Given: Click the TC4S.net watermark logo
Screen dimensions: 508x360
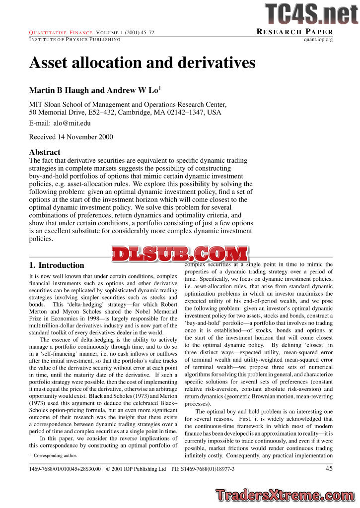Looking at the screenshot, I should point(311,14).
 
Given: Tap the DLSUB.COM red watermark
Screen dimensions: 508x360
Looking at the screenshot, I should point(180,254).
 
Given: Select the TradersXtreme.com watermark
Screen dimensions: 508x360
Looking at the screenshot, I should point(286,495).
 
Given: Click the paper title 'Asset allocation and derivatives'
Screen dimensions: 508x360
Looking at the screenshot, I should point(143,63).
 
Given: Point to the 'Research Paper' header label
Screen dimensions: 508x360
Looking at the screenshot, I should point(294,32).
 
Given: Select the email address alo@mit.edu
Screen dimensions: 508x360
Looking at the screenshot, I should point(72,123).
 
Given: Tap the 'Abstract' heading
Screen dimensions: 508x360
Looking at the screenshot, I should point(45,152).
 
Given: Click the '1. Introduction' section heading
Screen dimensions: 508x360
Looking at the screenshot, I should point(57,265).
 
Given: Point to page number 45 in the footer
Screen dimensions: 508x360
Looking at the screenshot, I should point(329,468).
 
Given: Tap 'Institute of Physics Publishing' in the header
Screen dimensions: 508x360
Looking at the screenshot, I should point(74,40).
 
